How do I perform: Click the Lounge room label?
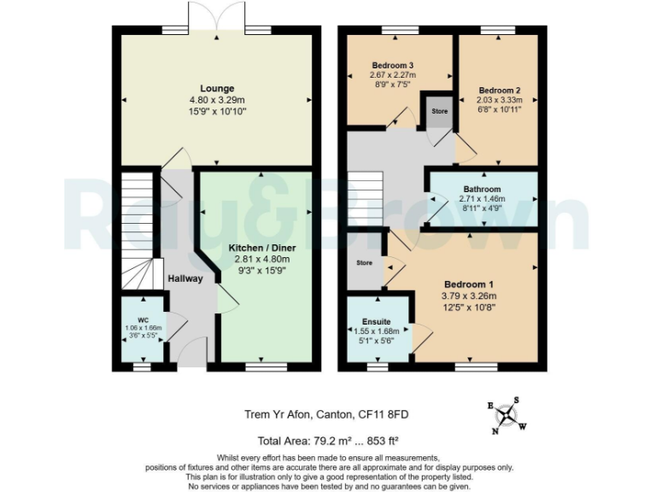pos(217,88)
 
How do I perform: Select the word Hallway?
pos(184,278)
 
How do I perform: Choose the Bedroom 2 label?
pos(500,90)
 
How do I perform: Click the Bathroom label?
pos(482,189)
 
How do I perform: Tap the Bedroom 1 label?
pos(467,284)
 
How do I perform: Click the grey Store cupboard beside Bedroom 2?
pos(439,112)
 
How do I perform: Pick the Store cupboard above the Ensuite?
pos(365,262)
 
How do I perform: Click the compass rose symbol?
pos(508,414)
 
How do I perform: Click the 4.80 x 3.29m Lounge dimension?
pos(217,99)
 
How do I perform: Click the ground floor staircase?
pos(137,226)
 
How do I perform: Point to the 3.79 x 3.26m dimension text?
pos(468,296)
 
